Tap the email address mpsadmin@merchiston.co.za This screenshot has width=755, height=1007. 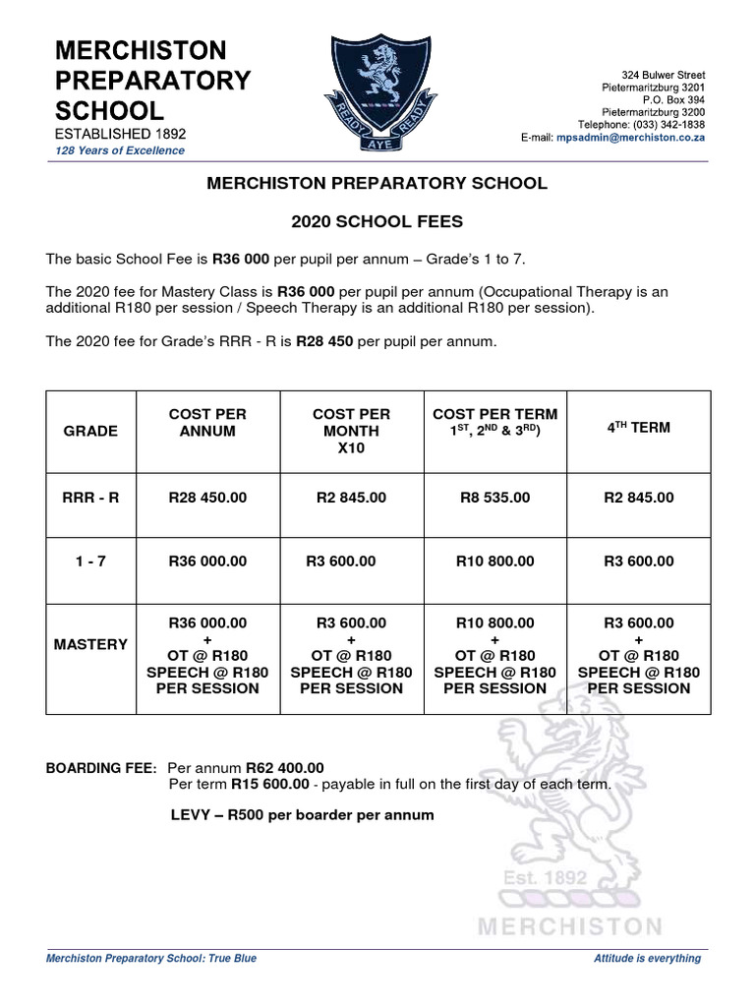tap(630, 139)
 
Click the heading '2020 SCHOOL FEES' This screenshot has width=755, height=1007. tap(377, 222)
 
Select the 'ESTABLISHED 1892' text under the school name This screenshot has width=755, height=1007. tap(120, 132)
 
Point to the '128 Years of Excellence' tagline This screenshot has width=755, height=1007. tap(119, 150)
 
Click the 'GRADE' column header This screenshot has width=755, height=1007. tap(89, 431)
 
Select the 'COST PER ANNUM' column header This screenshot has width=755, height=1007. tap(207, 423)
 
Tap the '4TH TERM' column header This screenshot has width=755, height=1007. tap(638, 428)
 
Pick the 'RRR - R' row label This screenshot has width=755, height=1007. tap(89, 498)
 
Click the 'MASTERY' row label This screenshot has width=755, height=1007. tap(89, 644)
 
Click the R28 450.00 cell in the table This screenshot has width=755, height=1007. tap(207, 498)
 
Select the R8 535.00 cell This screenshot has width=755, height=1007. tap(494, 498)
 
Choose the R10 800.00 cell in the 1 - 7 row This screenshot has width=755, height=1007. tap(494, 561)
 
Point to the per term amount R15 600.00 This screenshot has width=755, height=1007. tap(270, 785)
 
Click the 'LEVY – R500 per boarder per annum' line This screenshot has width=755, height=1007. tap(301, 815)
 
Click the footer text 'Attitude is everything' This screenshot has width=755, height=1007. tap(647, 958)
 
